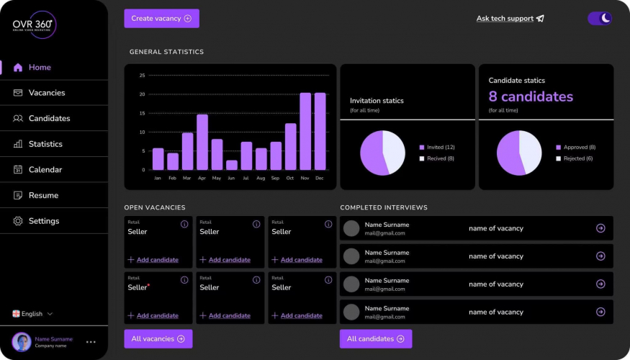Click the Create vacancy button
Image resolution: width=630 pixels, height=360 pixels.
point(161,19)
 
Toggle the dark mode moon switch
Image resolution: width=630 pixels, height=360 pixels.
point(600,19)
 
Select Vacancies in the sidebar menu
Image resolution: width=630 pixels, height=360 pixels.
point(47,93)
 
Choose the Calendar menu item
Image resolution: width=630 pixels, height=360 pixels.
point(45,170)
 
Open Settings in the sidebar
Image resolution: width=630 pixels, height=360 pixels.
point(44,221)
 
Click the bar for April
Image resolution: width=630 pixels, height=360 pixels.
point(202,142)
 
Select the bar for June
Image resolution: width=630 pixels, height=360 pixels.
point(231,165)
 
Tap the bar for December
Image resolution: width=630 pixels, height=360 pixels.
point(320,131)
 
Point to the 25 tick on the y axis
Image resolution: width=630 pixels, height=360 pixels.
point(142,76)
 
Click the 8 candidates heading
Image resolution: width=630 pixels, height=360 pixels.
point(531,96)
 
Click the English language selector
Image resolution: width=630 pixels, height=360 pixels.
point(32,314)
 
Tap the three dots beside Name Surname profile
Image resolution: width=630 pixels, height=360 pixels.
point(91,342)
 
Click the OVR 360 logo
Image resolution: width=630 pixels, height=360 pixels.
point(34,25)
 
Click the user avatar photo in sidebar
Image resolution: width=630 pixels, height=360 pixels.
point(22,342)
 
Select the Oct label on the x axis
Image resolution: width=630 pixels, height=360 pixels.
point(290,178)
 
